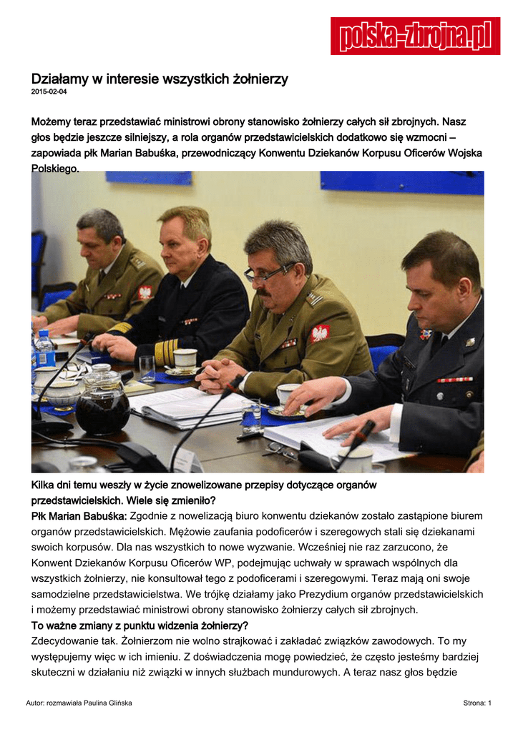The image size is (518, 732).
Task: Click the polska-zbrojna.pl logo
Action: click(x=415, y=36)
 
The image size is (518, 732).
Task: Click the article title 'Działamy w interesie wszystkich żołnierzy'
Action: click(x=159, y=79)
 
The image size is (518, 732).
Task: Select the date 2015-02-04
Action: click(x=49, y=92)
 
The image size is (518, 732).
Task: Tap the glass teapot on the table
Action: click(x=102, y=403)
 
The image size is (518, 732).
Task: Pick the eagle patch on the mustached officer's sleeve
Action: click(x=320, y=332)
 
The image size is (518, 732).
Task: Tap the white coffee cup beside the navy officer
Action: click(x=185, y=359)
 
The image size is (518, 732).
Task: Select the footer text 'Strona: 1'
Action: click(x=477, y=703)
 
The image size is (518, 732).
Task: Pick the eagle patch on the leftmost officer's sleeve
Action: click(x=145, y=292)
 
